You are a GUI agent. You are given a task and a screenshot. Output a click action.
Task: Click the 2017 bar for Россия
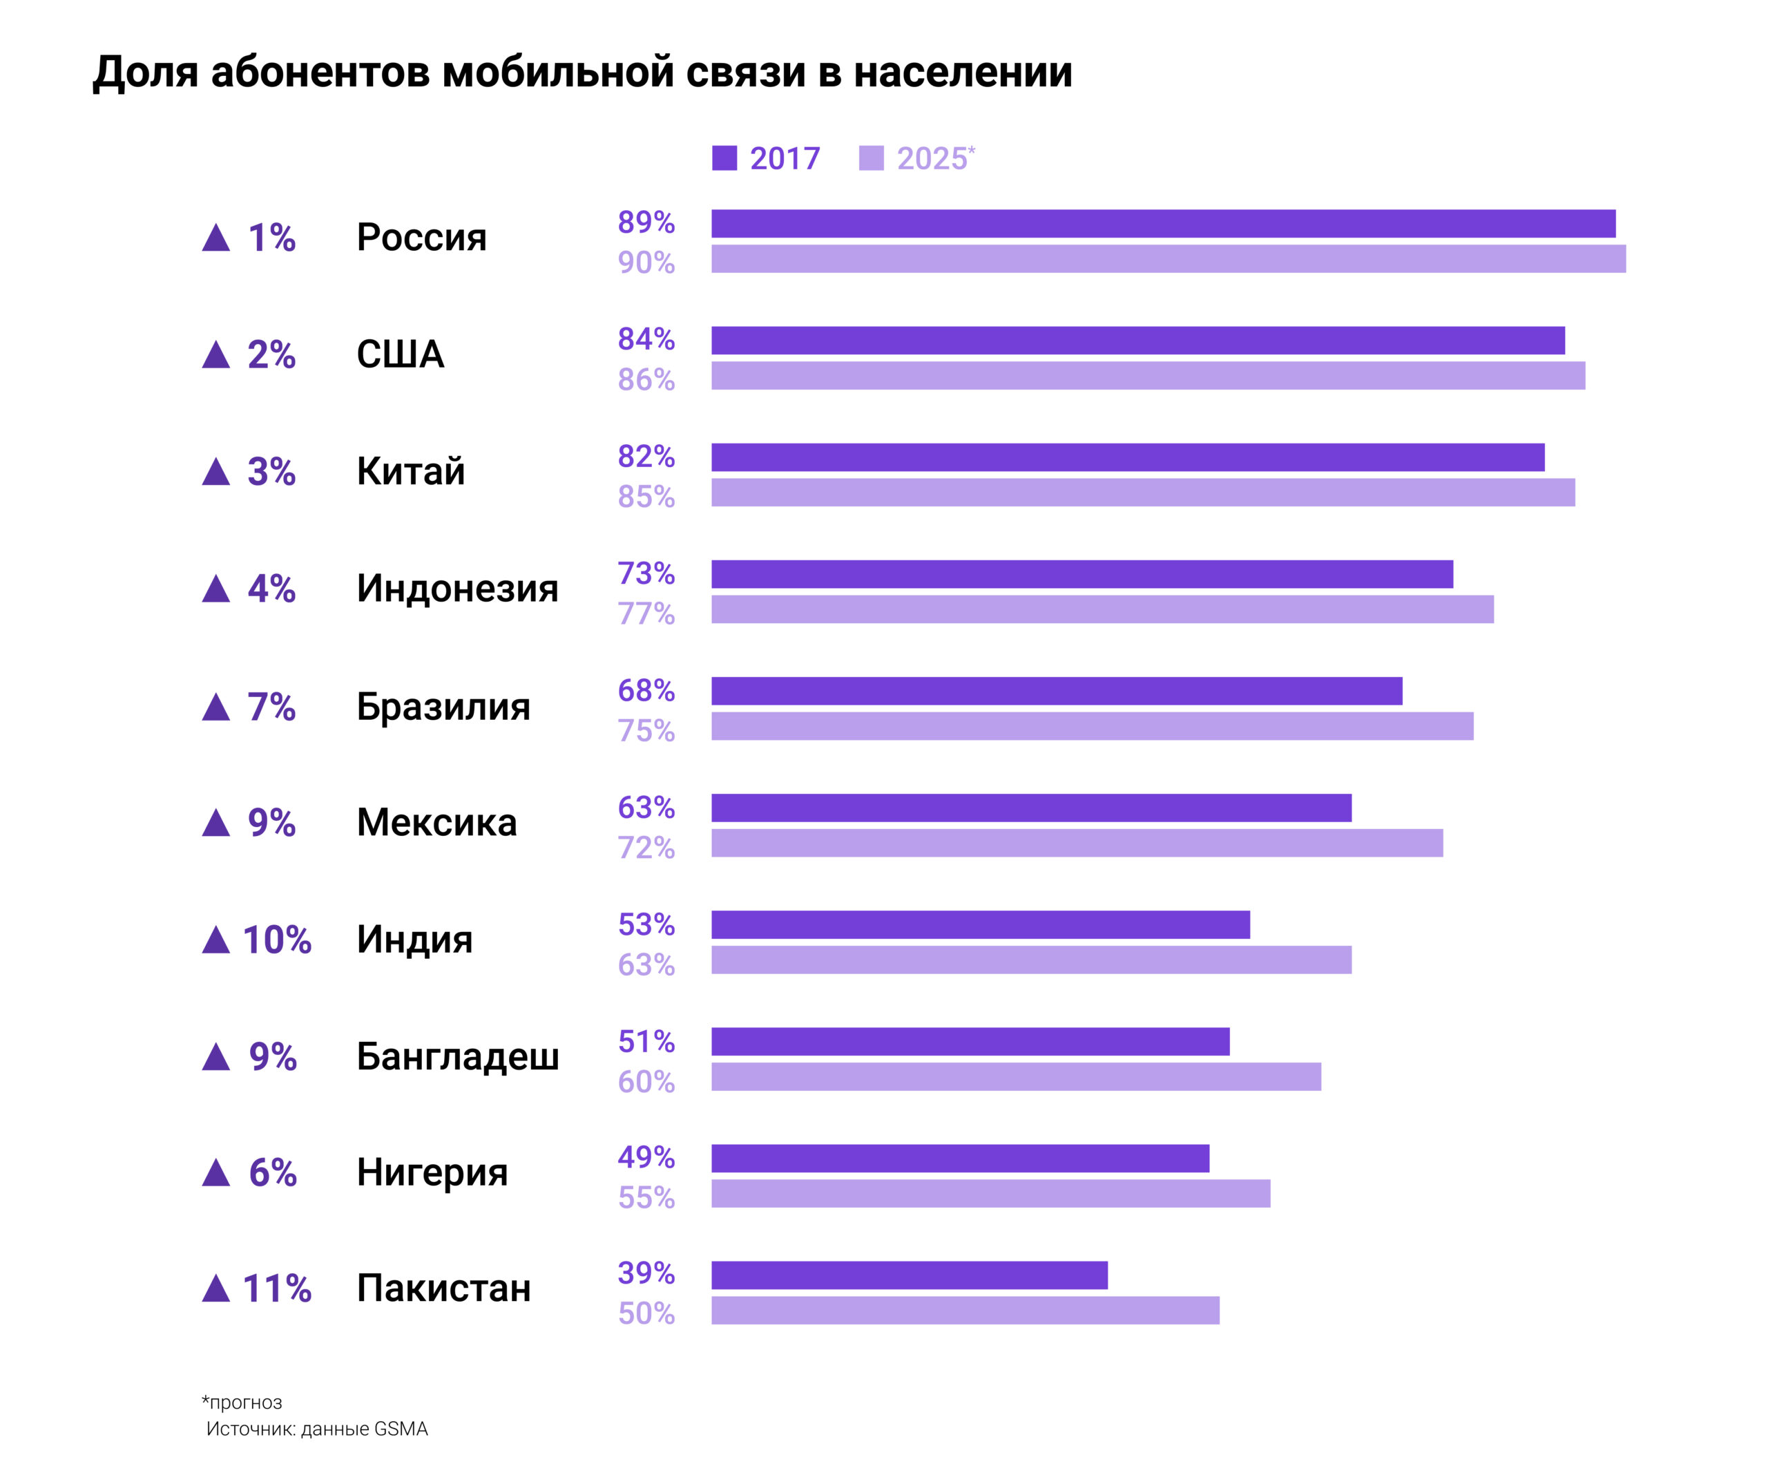click(x=1164, y=223)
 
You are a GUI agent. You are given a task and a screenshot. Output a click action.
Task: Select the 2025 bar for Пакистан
click(x=965, y=1311)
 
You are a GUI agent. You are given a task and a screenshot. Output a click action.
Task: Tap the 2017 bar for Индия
click(x=981, y=925)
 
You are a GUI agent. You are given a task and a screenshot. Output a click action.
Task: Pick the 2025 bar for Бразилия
click(x=1093, y=726)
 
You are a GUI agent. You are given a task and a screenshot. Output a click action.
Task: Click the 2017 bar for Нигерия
click(x=961, y=1158)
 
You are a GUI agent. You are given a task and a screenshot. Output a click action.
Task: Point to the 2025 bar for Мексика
click(x=1077, y=843)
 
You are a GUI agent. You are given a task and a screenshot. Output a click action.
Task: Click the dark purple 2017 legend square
click(x=724, y=158)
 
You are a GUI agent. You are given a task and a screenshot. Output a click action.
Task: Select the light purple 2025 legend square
click(x=872, y=158)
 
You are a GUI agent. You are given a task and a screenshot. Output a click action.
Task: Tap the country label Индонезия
click(x=457, y=588)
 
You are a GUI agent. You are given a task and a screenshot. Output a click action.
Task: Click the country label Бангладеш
click(x=458, y=1056)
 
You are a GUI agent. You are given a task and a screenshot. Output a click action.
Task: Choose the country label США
click(x=401, y=354)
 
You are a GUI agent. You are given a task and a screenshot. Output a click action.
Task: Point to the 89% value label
click(x=646, y=222)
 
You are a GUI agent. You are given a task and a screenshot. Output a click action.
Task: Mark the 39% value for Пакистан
click(x=646, y=1273)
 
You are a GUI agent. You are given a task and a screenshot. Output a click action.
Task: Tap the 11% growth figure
click(x=277, y=1288)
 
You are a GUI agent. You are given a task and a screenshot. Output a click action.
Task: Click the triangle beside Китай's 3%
click(x=216, y=472)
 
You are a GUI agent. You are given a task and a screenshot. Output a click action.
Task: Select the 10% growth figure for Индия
click(x=277, y=940)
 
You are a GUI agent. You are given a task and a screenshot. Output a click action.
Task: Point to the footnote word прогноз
click(x=246, y=1402)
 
